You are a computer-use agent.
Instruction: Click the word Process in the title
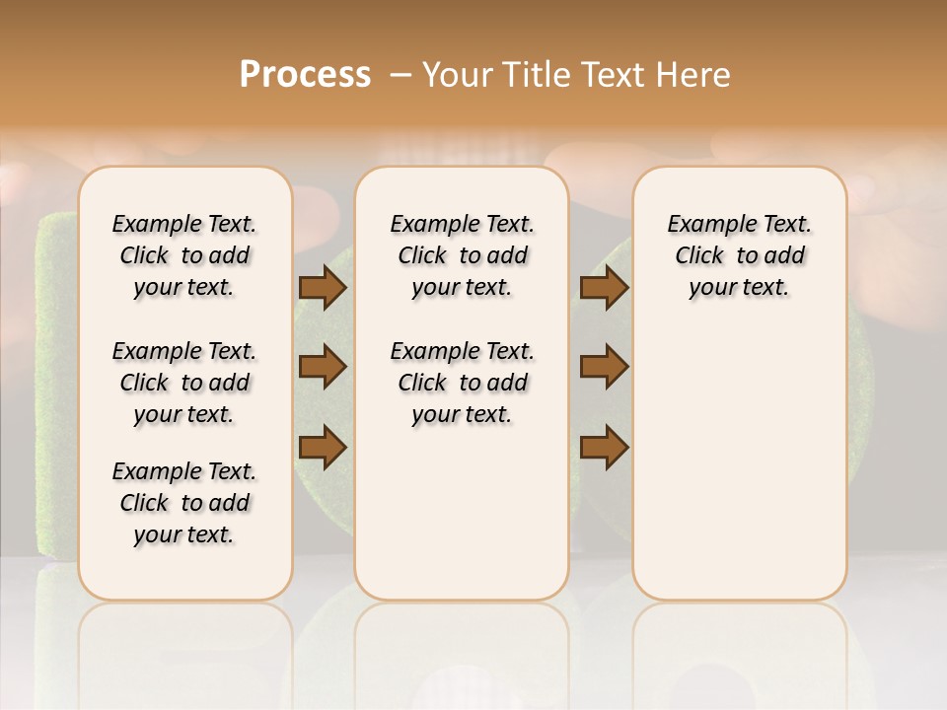click(305, 75)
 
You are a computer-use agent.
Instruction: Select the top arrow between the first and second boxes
click(323, 288)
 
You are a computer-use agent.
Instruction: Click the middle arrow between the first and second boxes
click(323, 367)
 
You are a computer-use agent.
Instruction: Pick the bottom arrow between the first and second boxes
click(323, 447)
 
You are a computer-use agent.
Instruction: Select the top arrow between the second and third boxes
click(604, 288)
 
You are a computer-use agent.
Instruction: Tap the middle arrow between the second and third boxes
click(604, 367)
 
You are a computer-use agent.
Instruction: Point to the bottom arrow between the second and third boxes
click(604, 447)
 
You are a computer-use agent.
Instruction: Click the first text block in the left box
click(184, 255)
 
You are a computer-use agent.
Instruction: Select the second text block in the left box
click(184, 383)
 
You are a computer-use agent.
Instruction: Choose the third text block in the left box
click(184, 503)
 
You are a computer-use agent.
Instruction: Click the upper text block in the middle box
click(462, 255)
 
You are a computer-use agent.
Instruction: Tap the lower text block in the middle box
click(462, 383)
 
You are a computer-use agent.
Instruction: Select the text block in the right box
click(739, 255)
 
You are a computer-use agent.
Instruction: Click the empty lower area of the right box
click(739, 463)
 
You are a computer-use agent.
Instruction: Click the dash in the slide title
click(401, 75)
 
